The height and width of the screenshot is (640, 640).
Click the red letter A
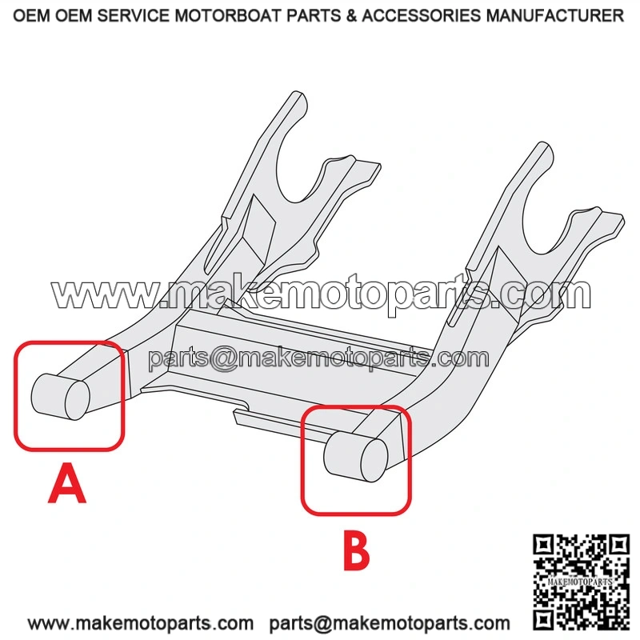tap(67, 483)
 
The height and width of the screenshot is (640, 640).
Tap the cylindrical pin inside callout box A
tap(61, 397)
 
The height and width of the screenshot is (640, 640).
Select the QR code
tap(581, 582)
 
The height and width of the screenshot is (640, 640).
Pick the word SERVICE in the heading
tap(133, 15)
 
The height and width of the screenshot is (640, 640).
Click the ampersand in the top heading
tap(351, 15)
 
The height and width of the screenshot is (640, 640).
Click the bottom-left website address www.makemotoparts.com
tap(141, 623)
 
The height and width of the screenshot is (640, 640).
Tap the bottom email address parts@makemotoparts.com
tap(390, 623)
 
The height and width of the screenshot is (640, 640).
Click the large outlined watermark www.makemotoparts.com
tap(322, 292)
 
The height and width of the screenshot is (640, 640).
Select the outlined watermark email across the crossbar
tap(318, 358)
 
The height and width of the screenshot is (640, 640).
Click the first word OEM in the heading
tap(32, 15)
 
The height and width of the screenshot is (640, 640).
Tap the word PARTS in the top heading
tap(314, 15)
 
